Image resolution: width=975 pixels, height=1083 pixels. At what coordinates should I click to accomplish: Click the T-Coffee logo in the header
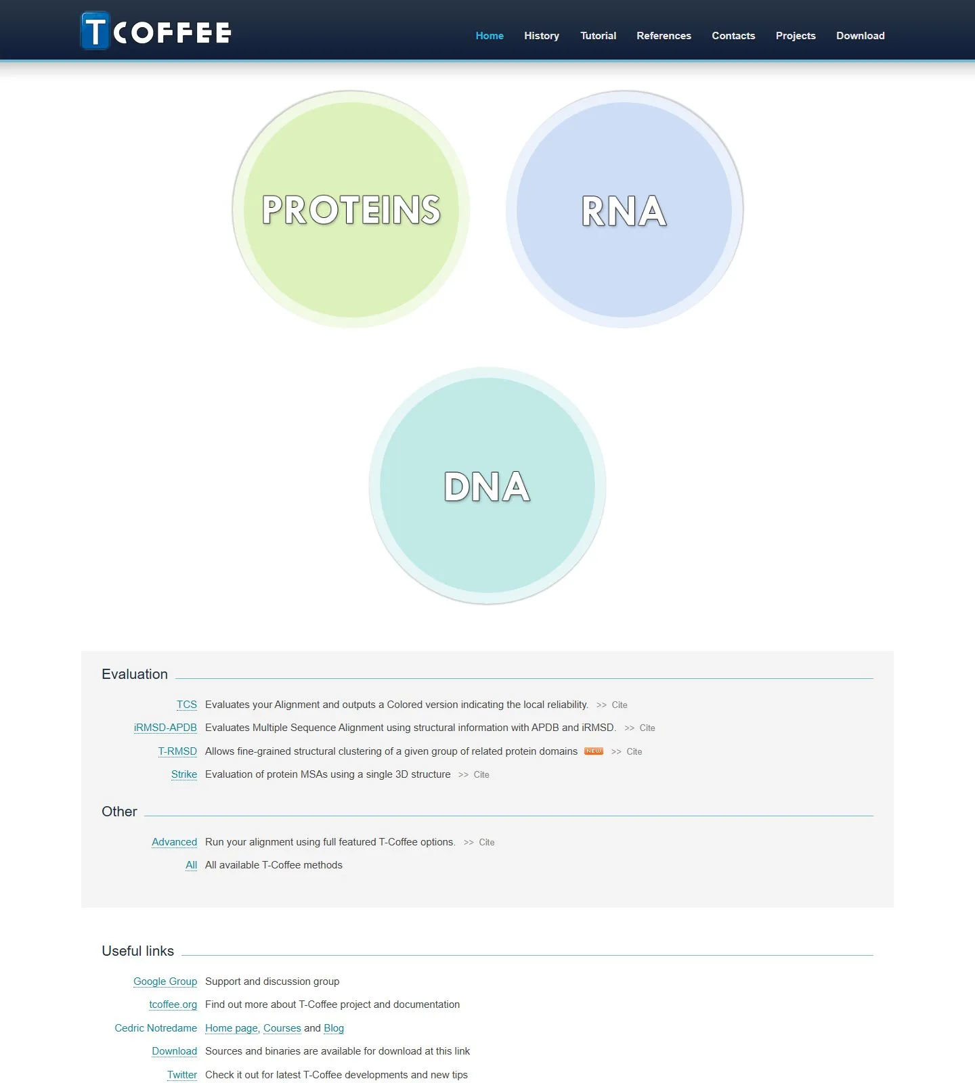(x=156, y=31)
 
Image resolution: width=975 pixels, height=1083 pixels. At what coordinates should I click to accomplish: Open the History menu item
(x=542, y=36)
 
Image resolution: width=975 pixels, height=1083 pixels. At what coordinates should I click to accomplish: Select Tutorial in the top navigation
(x=599, y=36)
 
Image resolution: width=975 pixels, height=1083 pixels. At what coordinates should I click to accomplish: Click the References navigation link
(x=664, y=36)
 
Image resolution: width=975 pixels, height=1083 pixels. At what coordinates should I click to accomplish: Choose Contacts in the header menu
(x=733, y=36)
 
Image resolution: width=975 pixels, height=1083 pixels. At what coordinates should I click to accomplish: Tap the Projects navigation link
(x=796, y=36)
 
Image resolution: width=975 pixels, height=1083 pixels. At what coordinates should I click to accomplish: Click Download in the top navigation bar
(x=861, y=36)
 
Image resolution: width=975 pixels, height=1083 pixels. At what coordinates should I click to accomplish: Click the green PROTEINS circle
(x=351, y=209)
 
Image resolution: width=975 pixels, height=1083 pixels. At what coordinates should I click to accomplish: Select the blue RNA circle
(x=624, y=209)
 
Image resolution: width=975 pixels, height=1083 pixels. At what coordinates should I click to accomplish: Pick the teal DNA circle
(x=487, y=485)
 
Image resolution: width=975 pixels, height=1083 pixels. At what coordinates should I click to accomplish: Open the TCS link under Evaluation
(x=187, y=705)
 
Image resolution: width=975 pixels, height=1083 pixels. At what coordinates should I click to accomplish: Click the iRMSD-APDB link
(x=165, y=728)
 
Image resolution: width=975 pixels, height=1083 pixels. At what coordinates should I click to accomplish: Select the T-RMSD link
(x=177, y=751)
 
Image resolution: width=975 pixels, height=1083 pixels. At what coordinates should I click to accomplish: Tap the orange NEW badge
(x=594, y=751)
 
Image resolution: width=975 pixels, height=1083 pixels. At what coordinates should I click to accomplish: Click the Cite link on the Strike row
(x=481, y=774)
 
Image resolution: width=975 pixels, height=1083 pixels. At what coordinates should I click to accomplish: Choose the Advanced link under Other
(x=175, y=842)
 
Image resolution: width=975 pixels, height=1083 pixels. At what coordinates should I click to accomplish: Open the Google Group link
(x=165, y=981)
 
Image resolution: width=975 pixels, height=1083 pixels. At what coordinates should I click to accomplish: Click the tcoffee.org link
(x=173, y=1004)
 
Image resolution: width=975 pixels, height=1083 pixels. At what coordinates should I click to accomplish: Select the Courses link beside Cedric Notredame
(x=282, y=1028)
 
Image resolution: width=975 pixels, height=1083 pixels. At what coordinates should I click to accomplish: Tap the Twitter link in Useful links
(x=182, y=1075)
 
